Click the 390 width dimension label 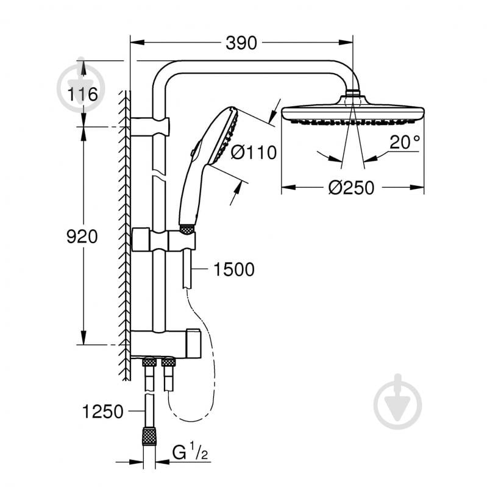click(242, 43)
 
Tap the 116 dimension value click(83, 94)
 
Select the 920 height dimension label click(83, 236)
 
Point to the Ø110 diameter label click(254, 152)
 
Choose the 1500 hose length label click(233, 269)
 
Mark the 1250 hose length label click(102, 411)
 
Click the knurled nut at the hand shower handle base click(187, 230)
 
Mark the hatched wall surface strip click(124, 232)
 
